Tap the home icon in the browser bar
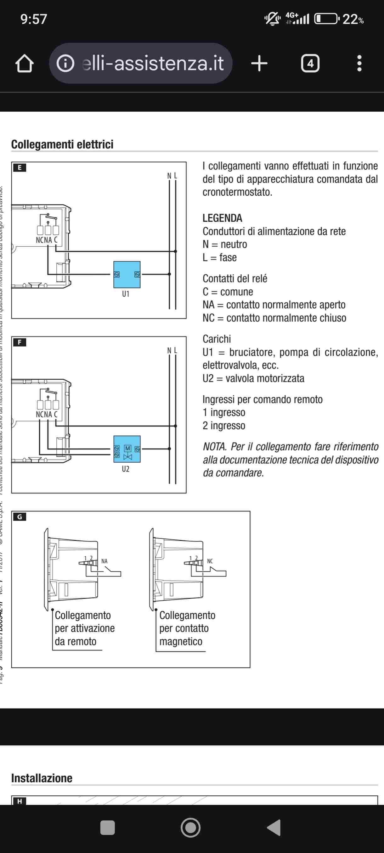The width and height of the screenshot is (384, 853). (x=25, y=63)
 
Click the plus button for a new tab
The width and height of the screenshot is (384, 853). (x=259, y=63)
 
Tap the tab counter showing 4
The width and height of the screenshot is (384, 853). (x=310, y=63)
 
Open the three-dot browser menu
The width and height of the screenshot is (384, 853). (x=359, y=63)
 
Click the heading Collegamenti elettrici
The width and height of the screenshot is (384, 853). (x=62, y=144)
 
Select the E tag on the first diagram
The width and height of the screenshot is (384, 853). (x=20, y=168)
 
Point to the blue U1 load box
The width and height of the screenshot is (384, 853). (x=127, y=275)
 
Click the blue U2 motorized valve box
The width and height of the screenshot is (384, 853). (x=127, y=449)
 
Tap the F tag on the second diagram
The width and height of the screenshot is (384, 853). (x=20, y=342)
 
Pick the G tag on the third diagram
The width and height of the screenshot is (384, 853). (x=20, y=516)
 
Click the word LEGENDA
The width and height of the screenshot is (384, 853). (x=222, y=218)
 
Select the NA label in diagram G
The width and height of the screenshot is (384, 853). (x=104, y=561)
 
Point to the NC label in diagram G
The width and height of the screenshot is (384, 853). (x=210, y=561)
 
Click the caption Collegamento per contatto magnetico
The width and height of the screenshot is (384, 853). (x=187, y=628)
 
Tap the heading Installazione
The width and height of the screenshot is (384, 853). (x=42, y=778)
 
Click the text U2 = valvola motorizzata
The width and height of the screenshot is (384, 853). (x=253, y=378)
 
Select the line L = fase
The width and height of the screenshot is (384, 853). (x=220, y=257)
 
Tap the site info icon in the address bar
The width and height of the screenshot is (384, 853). (x=65, y=63)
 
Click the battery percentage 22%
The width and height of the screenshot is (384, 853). (x=353, y=19)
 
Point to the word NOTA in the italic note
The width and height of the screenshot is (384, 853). (x=214, y=446)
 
